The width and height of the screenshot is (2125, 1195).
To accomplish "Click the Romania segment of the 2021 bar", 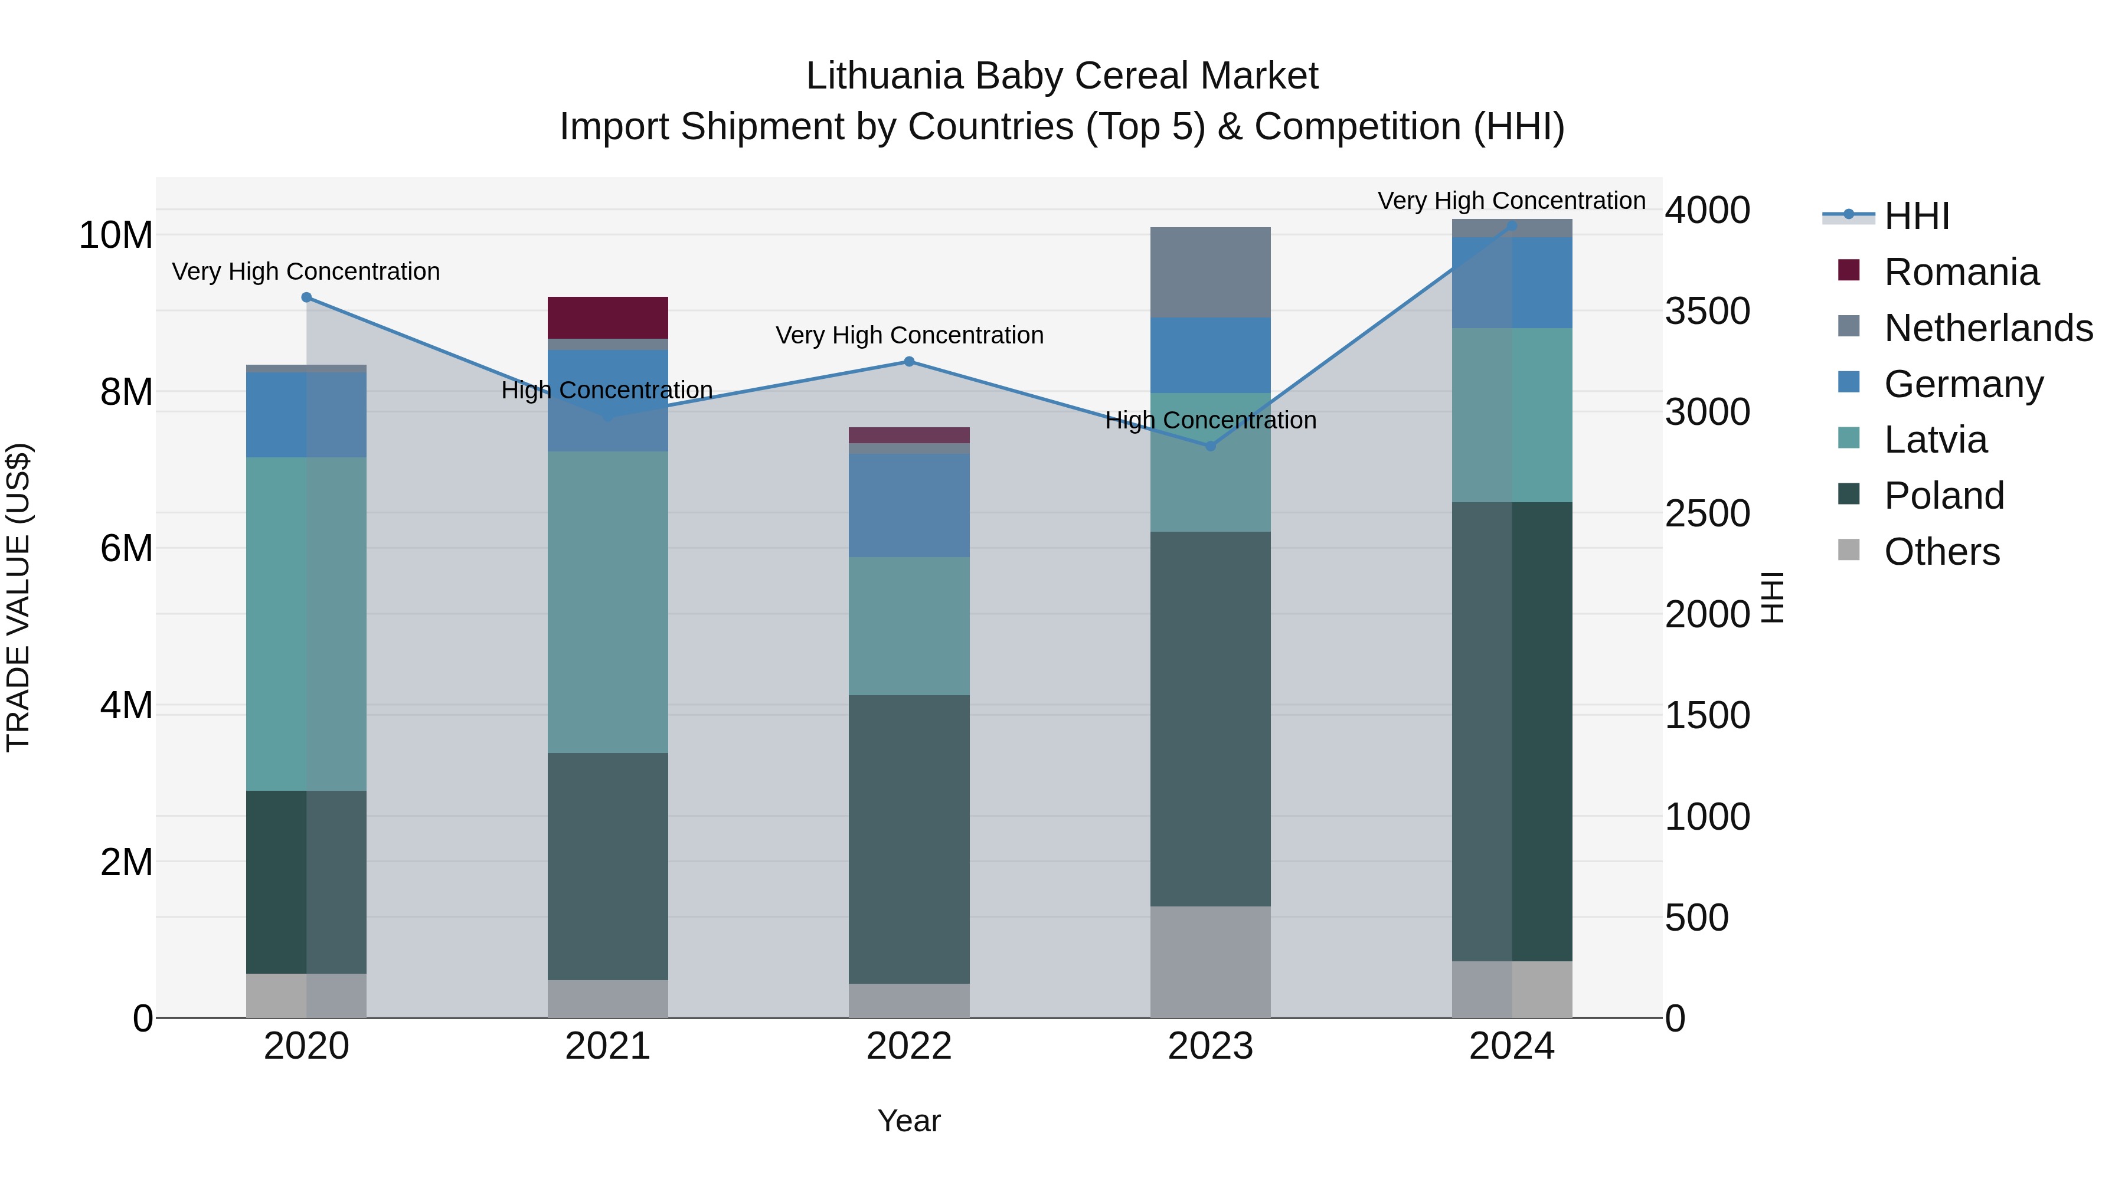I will pyautogui.click(x=607, y=317).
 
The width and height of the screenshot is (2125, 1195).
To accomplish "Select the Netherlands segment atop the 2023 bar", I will pyautogui.click(x=1210, y=272).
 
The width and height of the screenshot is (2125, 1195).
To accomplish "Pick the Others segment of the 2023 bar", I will pyautogui.click(x=1210, y=962).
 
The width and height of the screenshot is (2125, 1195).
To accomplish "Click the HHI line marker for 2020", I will pyautogui.click(x=307, y=297).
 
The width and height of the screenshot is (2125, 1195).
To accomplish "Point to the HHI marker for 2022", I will pyautogui.click(x=909, y=361).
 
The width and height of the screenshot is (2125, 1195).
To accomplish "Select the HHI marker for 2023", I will pyautogui.click(x=1210, y=446).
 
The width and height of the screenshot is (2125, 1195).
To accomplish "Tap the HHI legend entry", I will pyautogui.click(x=1915, y=216).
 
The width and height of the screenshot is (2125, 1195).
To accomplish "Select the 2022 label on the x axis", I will pyautogui.click(x=909, y=1046).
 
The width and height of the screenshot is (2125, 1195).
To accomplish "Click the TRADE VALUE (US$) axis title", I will pyautogui.click(x=18, y=597).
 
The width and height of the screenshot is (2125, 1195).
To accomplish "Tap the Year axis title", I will pyautogui.click(x=909, y=1121).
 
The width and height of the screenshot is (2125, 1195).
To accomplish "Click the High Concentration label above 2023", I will pyautogui.click(x=1210, y=420).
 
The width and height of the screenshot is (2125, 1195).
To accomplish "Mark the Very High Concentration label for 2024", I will pyautogui.click(x=1511, y=201).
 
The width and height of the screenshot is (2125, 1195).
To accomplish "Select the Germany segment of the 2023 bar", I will pyautogui.click(x=1210, y=355).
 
